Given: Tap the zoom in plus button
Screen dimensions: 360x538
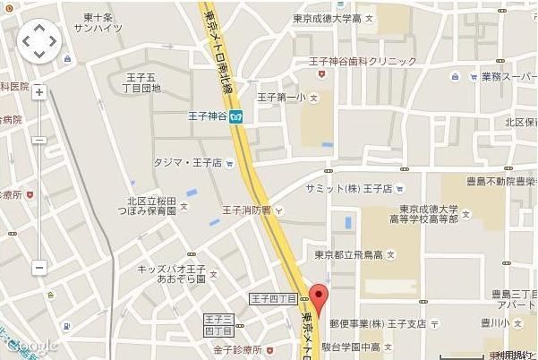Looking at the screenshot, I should (39, 92).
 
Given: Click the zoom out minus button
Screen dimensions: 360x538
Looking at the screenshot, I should (39, 267).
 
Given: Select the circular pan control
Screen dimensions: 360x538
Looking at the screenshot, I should (39, 40).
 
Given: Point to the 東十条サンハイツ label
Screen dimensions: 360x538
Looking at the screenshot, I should (99, 21).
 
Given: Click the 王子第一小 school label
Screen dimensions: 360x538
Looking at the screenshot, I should (282, 97).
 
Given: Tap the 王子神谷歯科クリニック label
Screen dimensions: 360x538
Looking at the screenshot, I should (363, 61).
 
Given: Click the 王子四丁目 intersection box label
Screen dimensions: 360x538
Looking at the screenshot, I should (272, 297).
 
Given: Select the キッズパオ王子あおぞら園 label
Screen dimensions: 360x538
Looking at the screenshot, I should (171, 274).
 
